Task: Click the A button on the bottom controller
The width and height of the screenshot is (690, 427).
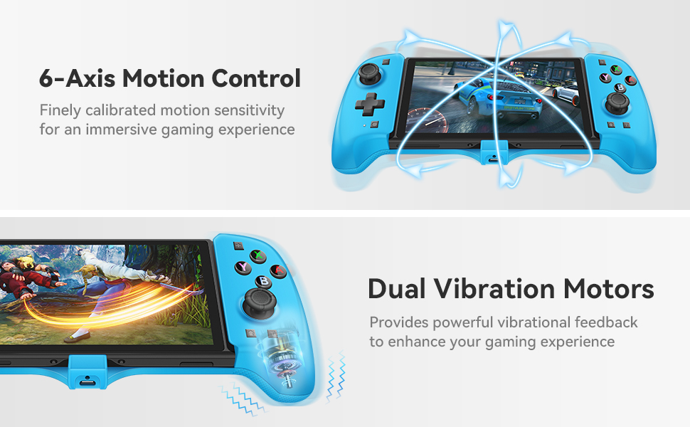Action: click(x=278, y=270)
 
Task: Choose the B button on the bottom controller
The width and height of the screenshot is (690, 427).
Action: click(x=264, y=282)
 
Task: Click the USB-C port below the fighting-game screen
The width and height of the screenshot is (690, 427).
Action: click(x=87, y=381)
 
